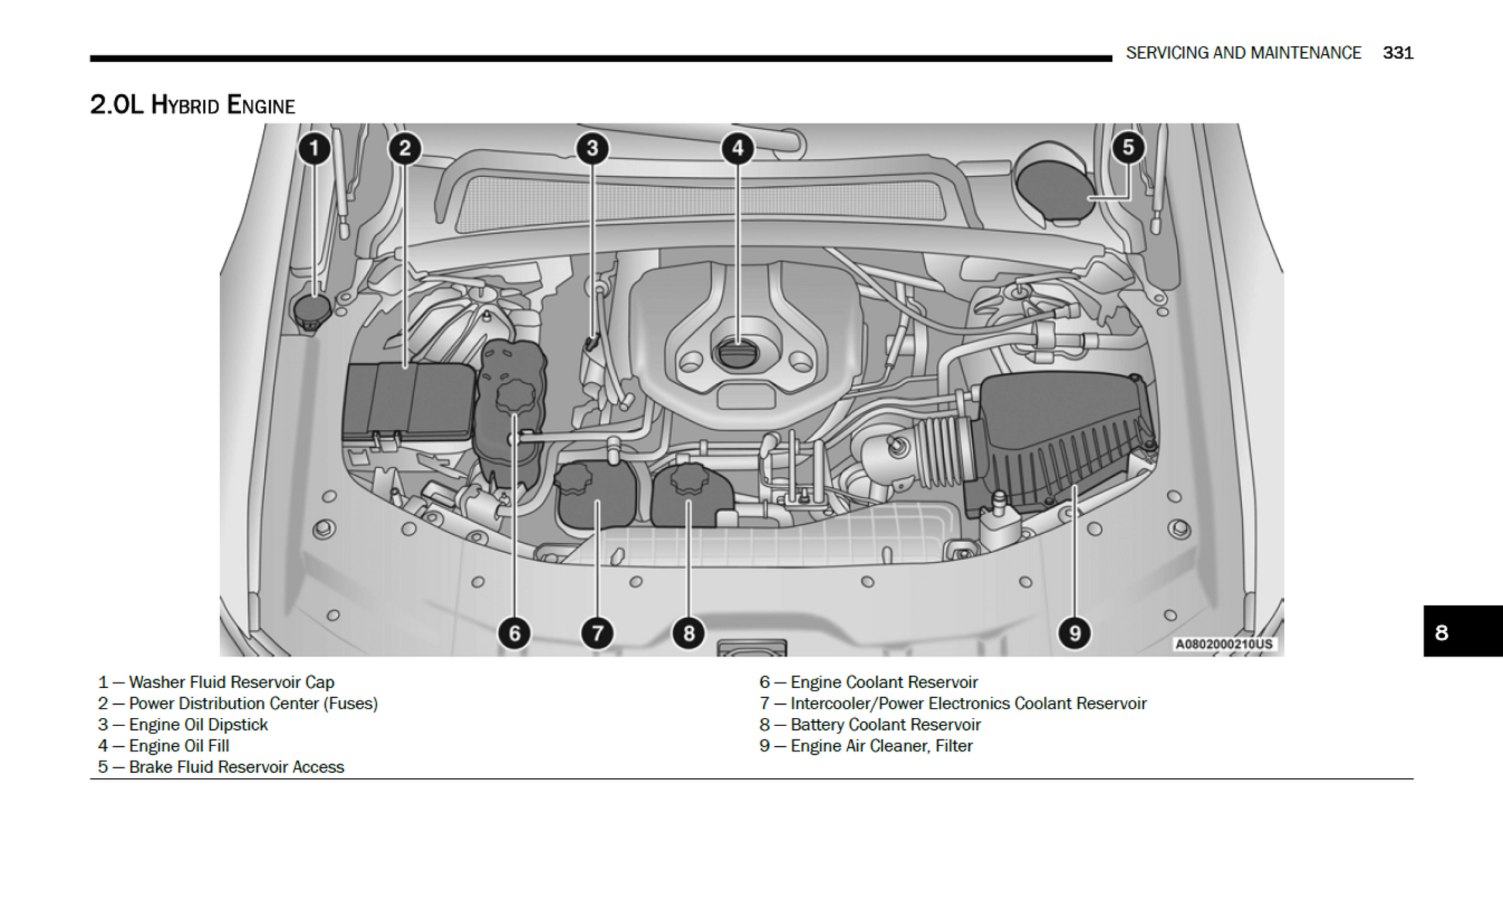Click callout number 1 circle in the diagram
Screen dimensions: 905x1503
(x=314, y=148)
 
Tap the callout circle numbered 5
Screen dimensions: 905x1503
(x=1128, y=147)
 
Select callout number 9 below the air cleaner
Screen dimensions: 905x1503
(x=1074, y=633)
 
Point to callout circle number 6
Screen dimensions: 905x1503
(x=514, y=633)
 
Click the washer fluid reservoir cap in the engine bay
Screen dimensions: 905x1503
(x=312, y=310)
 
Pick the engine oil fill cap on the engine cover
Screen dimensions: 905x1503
(x=738, y=354)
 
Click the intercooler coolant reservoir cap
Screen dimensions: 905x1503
(x=574, y=480)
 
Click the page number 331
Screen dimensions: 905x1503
(x=1398, y=53)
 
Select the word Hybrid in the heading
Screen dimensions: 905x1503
(x=185, y=105)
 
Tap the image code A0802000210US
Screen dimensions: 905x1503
(x=1223, y=644)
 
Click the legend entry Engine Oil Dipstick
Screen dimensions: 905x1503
(x=198, y=724)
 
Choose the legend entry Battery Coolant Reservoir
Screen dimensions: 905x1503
(x=885, y=724)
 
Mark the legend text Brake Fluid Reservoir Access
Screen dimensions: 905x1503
(x=236, y=767)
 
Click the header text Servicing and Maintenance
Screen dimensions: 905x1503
(x=1243, y=53)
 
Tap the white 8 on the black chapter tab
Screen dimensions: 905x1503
(x=1441, y=632)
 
